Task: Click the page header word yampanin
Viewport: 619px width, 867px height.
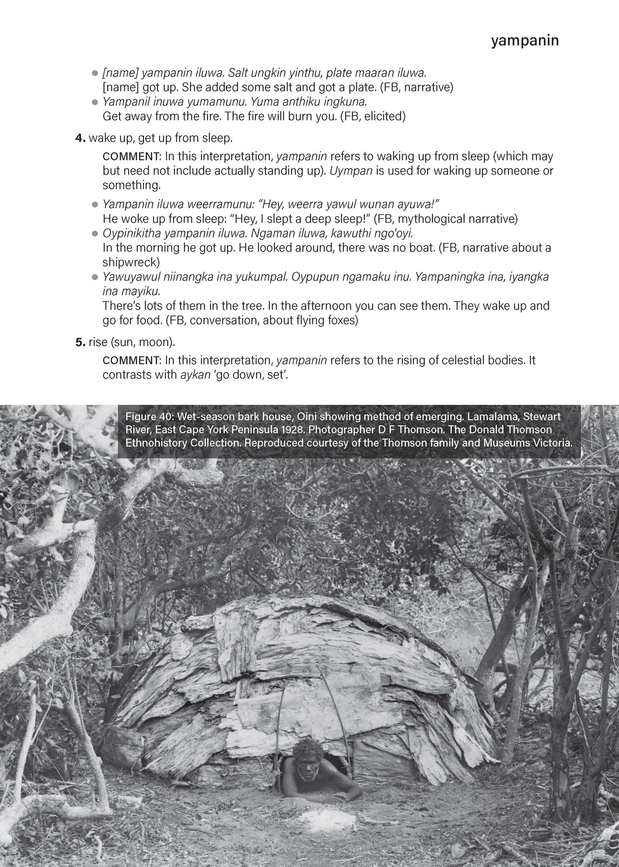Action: coord(525,41)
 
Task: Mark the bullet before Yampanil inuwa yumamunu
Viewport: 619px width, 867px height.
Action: coord(95,102)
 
